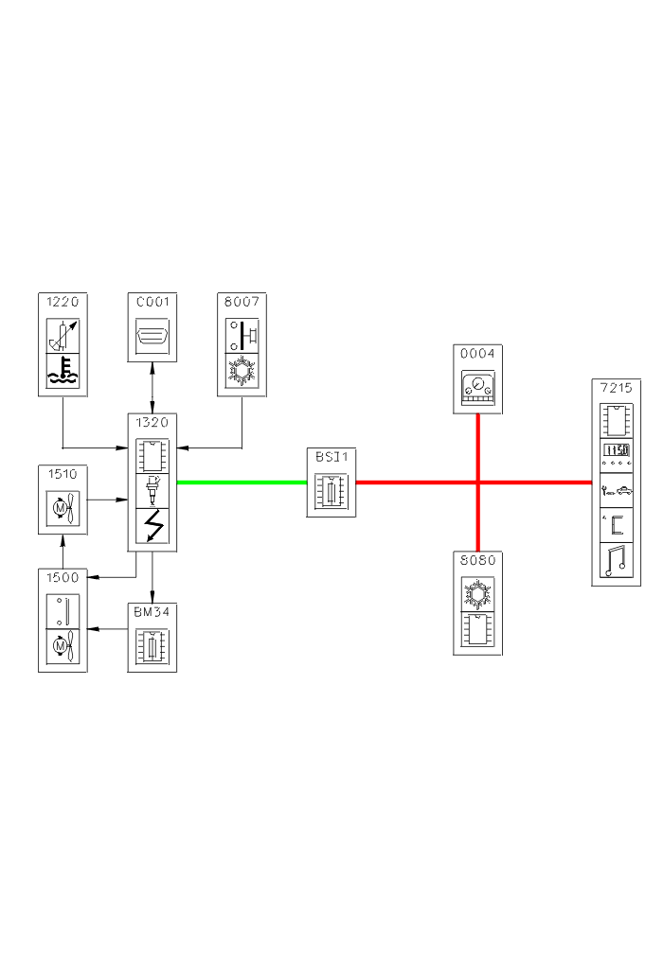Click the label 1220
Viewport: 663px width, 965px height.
pos(63,303)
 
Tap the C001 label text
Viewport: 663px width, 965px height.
pos(152,303)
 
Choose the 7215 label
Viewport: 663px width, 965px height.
pos(617,388)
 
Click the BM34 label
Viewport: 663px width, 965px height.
pos(152,612)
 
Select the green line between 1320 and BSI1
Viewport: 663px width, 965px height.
pos(242,482)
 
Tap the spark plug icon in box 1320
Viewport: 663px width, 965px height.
pos(152,490)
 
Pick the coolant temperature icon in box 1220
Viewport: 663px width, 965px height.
pos(63,372)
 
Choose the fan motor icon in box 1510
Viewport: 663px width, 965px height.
pos(63,507)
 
